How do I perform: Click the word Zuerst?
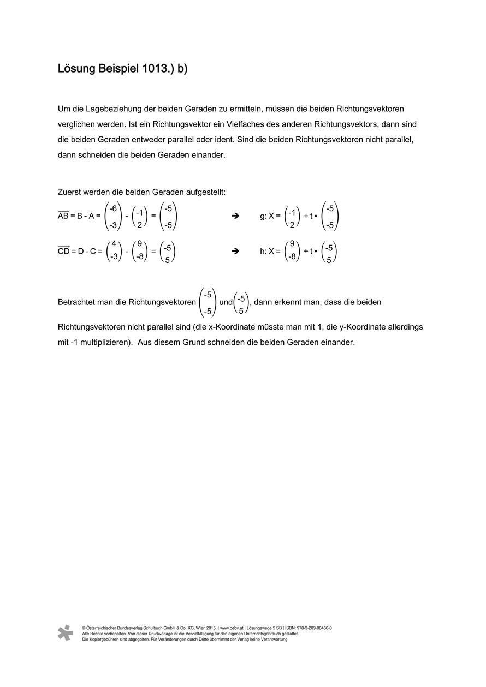click(70, 192)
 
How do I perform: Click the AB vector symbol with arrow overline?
click(63, 216)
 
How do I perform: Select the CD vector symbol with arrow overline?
click(63, 251)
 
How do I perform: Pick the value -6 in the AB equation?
click(113, 207)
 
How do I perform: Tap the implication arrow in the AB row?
click(236, 216)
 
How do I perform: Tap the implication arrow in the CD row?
click(236, 252)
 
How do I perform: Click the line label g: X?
click(270, 216)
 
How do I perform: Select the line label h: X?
click(270, 252)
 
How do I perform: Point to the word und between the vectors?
click(226, 302)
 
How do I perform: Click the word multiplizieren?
click(102, 343)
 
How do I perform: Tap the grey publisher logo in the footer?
click(66, 632)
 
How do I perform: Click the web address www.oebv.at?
click(232, 628)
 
